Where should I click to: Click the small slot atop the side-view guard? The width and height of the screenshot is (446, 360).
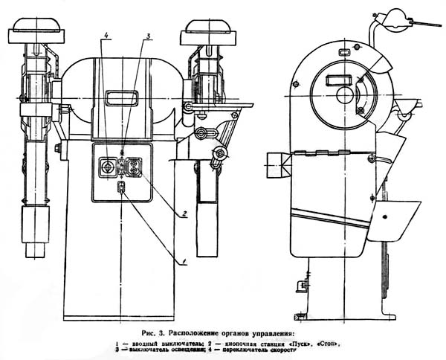[x=345, y=53]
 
